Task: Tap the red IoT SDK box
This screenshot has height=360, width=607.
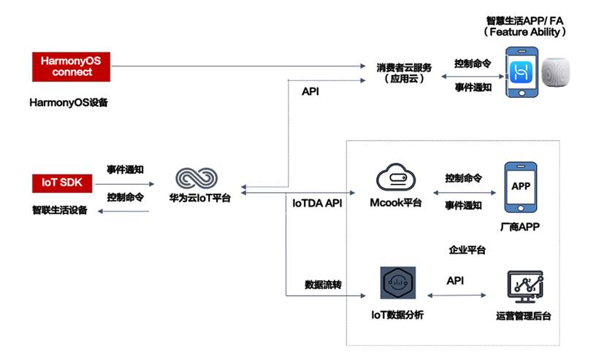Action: click(62, 182)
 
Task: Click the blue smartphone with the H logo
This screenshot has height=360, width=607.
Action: click(522, 72)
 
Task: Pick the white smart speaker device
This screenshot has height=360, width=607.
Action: click(560, 73)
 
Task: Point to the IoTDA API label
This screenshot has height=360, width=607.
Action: click(313, 202)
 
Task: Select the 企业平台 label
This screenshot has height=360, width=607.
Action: click(467, 250)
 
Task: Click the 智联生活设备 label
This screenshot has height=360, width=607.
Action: click(59, 211)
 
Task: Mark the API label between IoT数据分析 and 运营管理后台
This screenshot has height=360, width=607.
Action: click(455, 280)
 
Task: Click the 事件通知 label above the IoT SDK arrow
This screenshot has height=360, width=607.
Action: click(124, 169)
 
